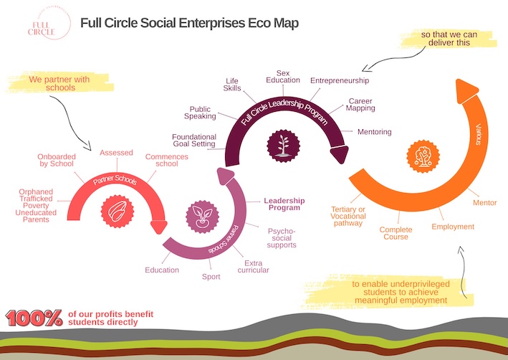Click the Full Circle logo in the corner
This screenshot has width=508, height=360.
(x=49, y=23)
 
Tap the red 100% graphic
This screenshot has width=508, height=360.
(x=34, y=318)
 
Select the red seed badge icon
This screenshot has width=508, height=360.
(x=118, y=211)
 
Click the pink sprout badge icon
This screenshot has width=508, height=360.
(x=203, y=217)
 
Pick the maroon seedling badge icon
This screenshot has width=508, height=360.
(x=283, y=146)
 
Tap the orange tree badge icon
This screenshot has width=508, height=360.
(x=423, y=156)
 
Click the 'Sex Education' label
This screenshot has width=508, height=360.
(x=283, y=77)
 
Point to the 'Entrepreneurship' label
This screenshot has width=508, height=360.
(x=340, y=80)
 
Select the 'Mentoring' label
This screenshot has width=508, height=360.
(x=375, y=132)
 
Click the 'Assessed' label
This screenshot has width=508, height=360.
(x=116, y=153)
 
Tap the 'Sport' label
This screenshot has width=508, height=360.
(x=211, y=277)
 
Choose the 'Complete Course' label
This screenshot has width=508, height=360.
(x=396, y=233)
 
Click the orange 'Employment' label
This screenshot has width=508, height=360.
(x=453, y=227)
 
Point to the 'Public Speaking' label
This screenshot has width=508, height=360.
(x=200, y=113)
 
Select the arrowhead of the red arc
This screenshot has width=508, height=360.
(x=159, y=227)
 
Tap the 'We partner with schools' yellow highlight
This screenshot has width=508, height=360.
(x=61, y=83)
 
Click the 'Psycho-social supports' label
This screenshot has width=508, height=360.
(x=281, y=238)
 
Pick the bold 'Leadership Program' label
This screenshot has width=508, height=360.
(x=284, y=204)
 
